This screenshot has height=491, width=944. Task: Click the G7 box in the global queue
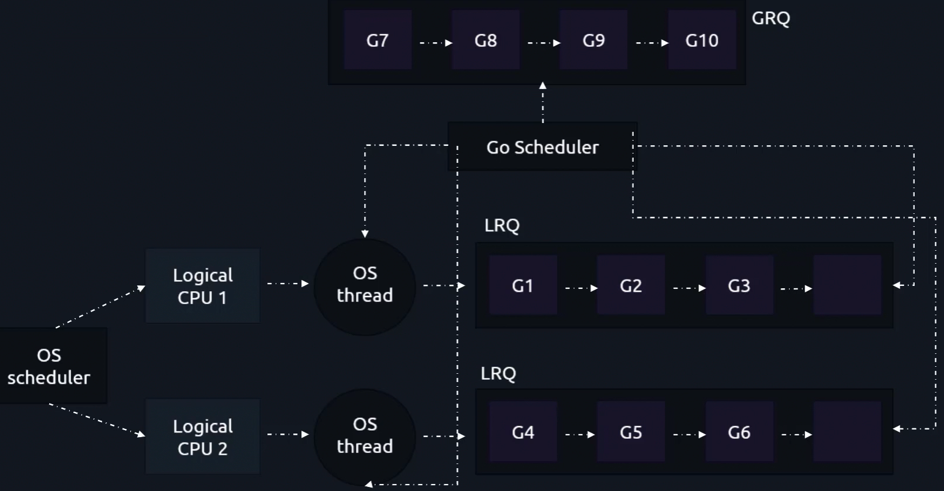click(378, 40)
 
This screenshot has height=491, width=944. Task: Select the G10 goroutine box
click(702, 40)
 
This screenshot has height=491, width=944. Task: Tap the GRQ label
click(770, 18)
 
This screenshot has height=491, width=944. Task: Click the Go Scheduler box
click(542, 147)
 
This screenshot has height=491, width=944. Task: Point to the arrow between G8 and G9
click(544, 43)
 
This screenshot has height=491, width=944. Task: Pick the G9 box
click(593, 40)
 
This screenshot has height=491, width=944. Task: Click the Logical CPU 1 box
click(202, 286)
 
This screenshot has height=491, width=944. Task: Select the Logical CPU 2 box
click(202, 437)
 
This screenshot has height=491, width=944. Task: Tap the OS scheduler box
click(50, 366)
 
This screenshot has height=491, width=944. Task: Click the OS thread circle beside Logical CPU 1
click(365, 286)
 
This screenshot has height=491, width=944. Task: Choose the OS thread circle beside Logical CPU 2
click(365, 436)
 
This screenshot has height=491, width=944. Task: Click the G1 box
click(522, 285)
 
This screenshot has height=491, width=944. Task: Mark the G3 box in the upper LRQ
click(739, 285)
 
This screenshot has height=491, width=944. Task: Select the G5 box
click(631, 432)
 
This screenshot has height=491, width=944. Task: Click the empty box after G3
click(847, 285)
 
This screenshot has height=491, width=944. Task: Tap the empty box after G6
click(847, 432)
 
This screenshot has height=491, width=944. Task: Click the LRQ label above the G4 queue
click(498, 373)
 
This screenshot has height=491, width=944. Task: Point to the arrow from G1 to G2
click(580, 288)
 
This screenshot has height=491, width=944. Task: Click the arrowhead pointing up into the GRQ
click(543, 86)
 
